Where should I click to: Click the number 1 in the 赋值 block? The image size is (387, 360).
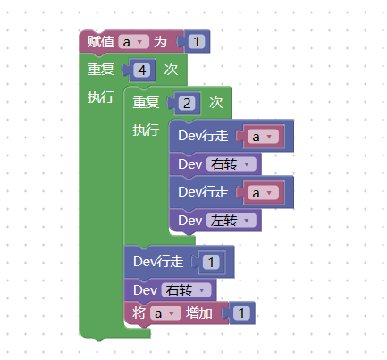pyautogui.click(x=197, y=42)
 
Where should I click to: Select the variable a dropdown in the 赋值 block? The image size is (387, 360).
pyautogui.click(x=133, y=42)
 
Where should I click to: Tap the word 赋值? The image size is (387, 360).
pyautogui.click(x=101, y=42)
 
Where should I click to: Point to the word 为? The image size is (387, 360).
pyautogui.click(x=160, y=42)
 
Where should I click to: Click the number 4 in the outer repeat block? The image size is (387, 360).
pyautogui.click(x=142, y=71)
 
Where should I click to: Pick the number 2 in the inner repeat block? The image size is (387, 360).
pyautogui.click(x=187, y=104)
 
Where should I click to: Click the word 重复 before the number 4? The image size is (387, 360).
pyautogui.click(x=101, y=70)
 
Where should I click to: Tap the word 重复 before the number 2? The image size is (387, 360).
pyautogui.click(x=146, y=103)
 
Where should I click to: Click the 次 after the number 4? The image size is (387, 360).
pyautogui.click(x=171, y=70)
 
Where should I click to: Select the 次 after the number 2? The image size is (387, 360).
pyautogui.click(x=216, y=103)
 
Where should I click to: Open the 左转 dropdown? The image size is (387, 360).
pyautogui.click(x=231, y=221)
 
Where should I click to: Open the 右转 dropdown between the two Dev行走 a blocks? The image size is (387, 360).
pyautogui.click(x=231, y=164)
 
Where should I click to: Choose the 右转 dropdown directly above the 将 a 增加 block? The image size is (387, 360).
pyautogui.click(x=186, y=290)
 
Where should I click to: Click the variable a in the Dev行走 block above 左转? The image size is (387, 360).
pyautogui.click(x=263, y=193)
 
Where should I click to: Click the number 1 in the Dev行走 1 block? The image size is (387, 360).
pyautogui.click(x=211, y=262)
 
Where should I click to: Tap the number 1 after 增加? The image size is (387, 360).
pyautogui.click(x=241, y=314)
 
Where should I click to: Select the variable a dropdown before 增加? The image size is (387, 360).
pyautogui.click(x=165, y=314)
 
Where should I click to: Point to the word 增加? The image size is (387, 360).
pyautogui.click(x=199, y=314)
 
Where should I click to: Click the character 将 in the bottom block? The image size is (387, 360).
pyautogui.click(x=139, y=314)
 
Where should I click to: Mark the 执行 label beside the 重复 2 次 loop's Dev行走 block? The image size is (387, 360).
pyautogui.click(x=146, y=130)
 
